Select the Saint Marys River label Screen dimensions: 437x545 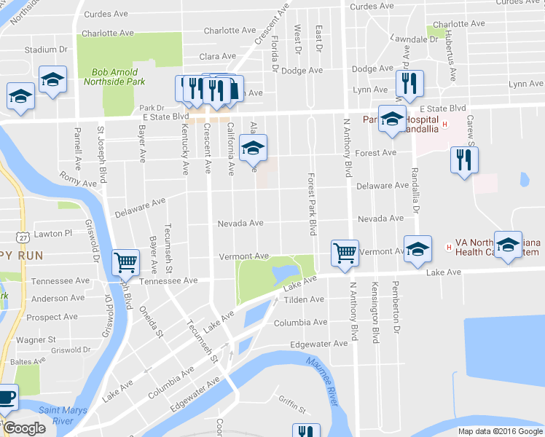point(63,415)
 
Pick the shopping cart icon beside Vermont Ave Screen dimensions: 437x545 point(345,253)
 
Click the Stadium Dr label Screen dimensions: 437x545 point(45,50)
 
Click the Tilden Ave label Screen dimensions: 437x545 point(304,299)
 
